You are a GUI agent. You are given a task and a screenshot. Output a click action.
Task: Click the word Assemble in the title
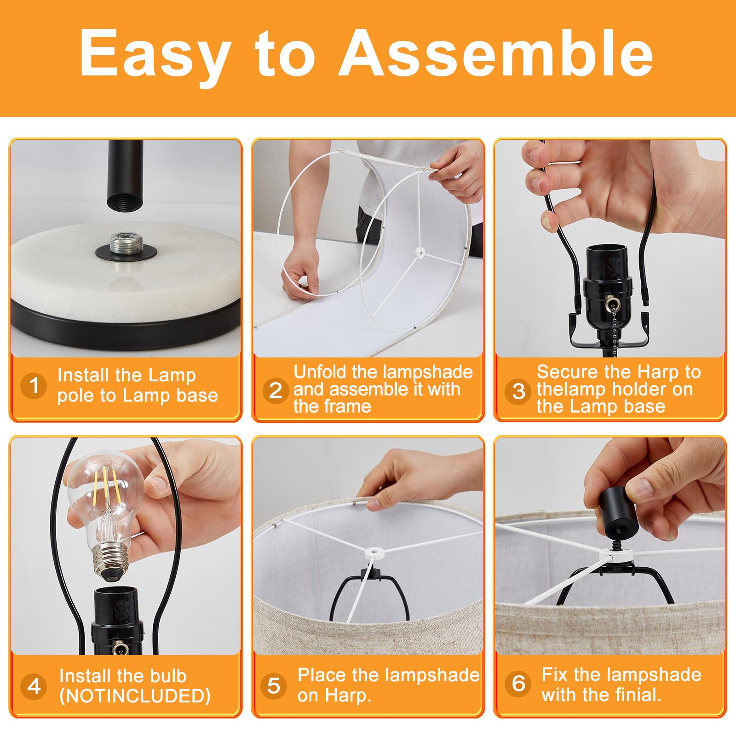coord(496,52)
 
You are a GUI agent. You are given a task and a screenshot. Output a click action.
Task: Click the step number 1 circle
coord(34,385)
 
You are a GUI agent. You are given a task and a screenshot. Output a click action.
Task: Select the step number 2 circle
coord(276,391)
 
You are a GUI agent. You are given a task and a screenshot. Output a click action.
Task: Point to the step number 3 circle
coord(518,391)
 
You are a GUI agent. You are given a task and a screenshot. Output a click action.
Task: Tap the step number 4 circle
coord(34,686)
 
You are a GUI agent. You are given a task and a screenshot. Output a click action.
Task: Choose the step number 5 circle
coord(274,685)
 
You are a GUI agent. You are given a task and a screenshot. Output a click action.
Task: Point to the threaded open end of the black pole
coord(125,202)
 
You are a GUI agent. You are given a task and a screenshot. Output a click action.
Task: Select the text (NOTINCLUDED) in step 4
coord(135,696)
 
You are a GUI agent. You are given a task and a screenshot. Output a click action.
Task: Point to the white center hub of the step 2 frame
coord(419,252)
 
